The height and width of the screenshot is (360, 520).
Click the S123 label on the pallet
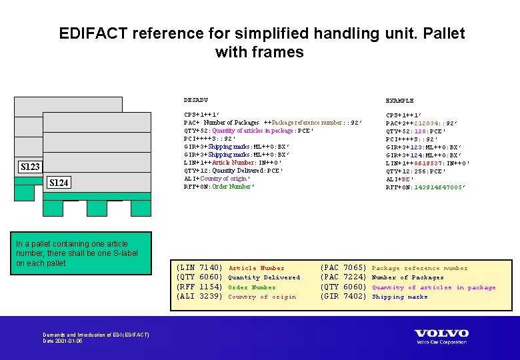[x=30, y=167]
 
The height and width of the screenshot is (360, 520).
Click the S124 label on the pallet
[x=59, y=183]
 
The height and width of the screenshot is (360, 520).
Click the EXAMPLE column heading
[x=399, y=100]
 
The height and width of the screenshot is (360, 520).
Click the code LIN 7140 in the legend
[x=199, y=268]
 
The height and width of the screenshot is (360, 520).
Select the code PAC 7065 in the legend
[x=344, y=268]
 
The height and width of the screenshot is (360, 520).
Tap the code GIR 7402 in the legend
[x=344, y=297]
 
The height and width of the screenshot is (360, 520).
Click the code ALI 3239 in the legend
[x=199, y=297]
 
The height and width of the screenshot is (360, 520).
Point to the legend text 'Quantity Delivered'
[x=264, y=277]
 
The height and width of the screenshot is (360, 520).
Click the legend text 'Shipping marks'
[x=399, y=297]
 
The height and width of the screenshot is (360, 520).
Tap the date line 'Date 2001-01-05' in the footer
[x=63, y=341]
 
